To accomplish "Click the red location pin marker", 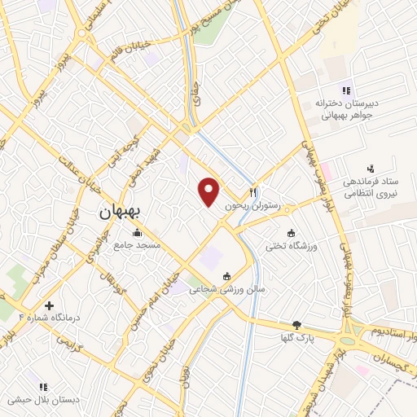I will pos(210,191).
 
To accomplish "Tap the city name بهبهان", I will pos(121,211).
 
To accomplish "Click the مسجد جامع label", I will pos(137,244).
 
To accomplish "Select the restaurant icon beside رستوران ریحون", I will pos(253,192).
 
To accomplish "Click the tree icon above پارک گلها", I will pos(296,324).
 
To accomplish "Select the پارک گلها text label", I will pos(296,337).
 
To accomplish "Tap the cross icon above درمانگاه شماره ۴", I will pos(50,306).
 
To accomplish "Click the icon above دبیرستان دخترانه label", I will pos(346,90).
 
